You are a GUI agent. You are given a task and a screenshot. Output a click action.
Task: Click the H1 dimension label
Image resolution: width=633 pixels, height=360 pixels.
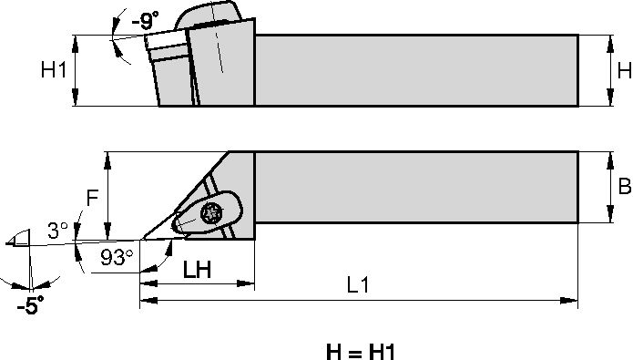tap(54, 70)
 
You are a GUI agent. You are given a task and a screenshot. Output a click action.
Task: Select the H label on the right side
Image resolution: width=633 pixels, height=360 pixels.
tap(623, 70)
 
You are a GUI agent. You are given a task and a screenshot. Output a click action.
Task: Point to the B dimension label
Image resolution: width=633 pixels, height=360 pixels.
tap(624, 187)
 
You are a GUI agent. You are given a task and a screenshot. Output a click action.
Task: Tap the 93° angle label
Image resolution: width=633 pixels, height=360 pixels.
tap(117, 258)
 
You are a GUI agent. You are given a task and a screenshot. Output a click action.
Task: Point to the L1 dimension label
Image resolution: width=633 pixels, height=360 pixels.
tap(357, 284)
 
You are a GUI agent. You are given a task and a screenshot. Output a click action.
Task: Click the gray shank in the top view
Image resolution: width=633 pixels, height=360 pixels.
tap(414, 70)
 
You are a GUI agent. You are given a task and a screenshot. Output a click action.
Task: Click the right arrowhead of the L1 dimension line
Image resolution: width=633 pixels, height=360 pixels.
tap(573, 300)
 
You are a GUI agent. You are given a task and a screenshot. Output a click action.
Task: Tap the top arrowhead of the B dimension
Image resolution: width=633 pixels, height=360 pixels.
tap(607, 157)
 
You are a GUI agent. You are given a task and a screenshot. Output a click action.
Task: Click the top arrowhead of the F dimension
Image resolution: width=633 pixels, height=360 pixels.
tap(108, 157)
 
